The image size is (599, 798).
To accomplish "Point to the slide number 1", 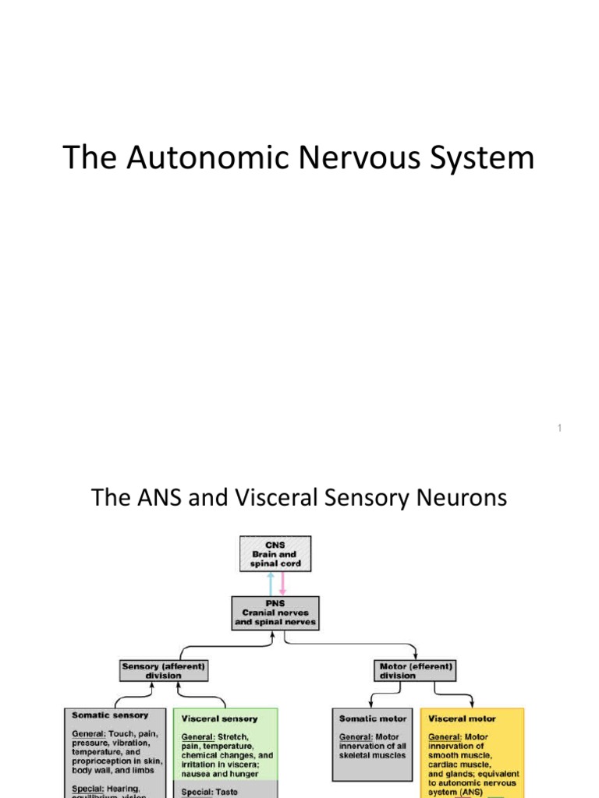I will pos(561,429).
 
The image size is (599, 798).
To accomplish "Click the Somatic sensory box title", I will pos(110,715).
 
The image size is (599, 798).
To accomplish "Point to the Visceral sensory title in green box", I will pos(219,718).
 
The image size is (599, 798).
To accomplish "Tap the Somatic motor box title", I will pos(373,718).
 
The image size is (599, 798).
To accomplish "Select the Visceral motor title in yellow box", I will pos(463,718).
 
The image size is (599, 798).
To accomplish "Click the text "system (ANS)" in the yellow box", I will pos(456,793).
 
